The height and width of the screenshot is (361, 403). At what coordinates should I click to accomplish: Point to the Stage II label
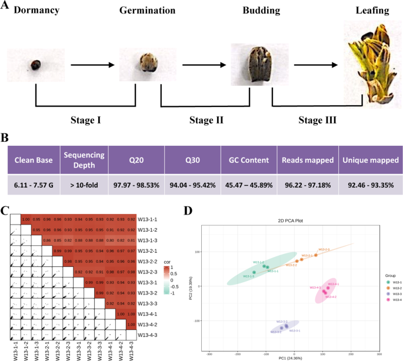(206, 121)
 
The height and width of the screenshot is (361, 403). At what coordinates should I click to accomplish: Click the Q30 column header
(190, 160)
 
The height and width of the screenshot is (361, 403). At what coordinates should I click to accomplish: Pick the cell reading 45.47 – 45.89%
(245, 184)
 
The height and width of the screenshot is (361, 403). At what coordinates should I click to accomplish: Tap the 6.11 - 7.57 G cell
(33, 184)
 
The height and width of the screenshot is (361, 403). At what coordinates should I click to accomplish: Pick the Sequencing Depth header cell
(84, 160)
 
